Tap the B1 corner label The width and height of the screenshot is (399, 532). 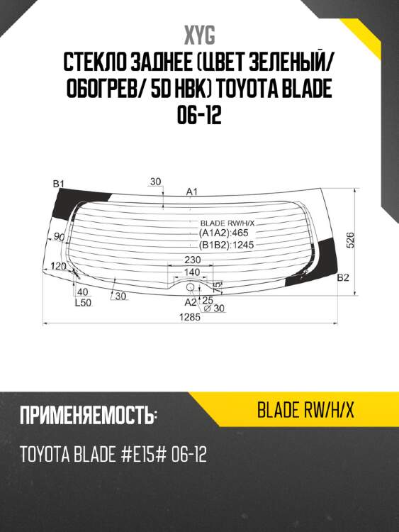59,184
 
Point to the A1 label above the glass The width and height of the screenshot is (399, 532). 191,191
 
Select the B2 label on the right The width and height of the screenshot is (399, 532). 343,277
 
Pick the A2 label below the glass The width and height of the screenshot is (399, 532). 190,301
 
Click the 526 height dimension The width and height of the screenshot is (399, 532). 350,240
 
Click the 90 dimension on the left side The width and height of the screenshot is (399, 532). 59,237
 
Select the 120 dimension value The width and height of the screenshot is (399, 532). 60,266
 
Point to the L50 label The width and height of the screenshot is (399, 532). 83,303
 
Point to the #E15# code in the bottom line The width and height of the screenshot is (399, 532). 134,454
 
